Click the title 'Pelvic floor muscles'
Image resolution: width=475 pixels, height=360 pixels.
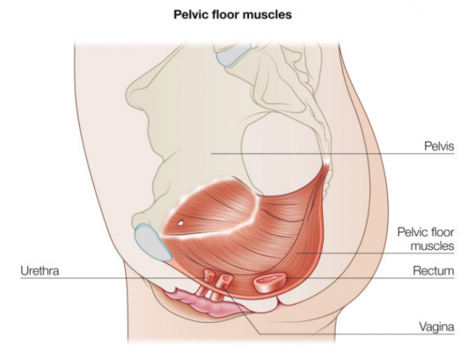pos(232,14)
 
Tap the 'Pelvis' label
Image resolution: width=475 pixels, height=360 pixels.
pos(439,146)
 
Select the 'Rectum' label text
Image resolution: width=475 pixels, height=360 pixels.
pos(434,270)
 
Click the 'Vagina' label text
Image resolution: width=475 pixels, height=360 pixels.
pos(436,327)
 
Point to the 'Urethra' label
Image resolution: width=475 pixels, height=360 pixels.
pos(40,270)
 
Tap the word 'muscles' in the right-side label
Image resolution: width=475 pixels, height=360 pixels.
pos(432,246)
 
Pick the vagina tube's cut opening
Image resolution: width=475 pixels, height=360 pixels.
pos(227,277)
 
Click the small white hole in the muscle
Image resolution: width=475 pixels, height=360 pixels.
pos(180,223)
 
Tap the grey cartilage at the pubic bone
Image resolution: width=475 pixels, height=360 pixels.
pos(152,242)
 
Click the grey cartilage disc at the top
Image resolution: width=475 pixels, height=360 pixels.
pos(232,54)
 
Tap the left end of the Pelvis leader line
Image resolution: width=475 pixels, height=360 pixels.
pos(211,154)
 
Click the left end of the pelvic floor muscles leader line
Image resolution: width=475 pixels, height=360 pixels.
pos(297,253)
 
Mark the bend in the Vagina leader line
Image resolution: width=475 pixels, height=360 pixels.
pos(259,334)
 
